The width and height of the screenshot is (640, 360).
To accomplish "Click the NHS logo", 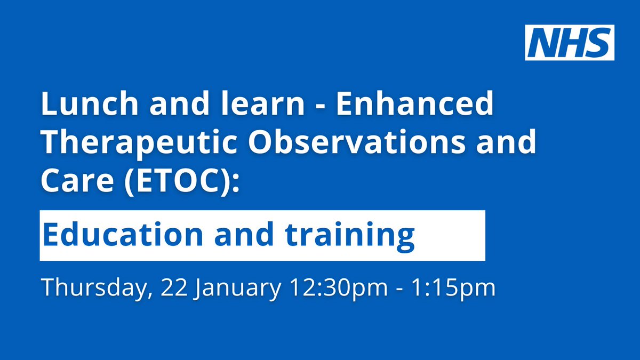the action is click(x=570, y=43).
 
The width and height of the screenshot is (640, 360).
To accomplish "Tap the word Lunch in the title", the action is click(x=90, y=103).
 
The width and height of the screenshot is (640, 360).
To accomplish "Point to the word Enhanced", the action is click(x=414, y=103).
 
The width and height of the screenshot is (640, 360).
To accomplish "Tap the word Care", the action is click(x=77, y=181).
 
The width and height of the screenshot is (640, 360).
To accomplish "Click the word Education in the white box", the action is click(x=123, y=234).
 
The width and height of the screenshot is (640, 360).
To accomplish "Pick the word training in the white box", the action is click(x=349, y=237).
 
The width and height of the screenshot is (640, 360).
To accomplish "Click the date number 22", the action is click(x=174, y=287).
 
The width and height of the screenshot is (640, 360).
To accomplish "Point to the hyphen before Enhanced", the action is click(x=321, y=106).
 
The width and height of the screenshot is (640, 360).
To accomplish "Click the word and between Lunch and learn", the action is click(x=179, y=103).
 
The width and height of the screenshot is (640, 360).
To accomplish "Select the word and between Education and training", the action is click(x=244, y=234).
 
